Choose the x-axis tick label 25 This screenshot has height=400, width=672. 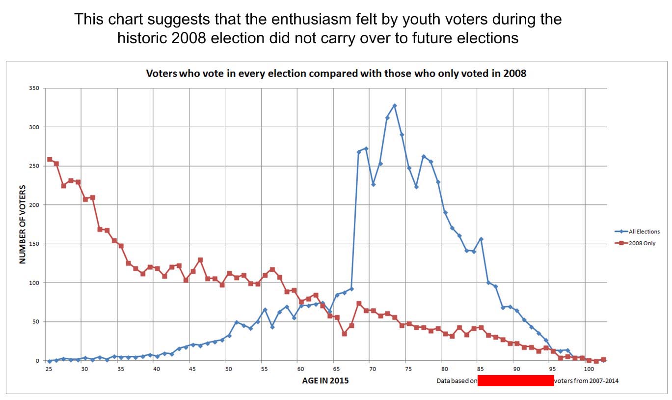(x=49, y=368)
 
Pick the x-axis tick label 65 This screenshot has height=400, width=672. (x=336, y=368)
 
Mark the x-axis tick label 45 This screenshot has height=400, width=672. (x=192, y=368)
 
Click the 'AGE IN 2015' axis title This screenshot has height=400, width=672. (x=325, y=380)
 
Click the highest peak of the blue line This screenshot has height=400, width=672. (x=394, y=106)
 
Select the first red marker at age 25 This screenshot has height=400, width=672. (x=49, y=159)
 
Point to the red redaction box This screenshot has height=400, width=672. (x=515, y=380)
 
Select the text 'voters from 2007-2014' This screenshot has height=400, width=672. (x=586, y=381)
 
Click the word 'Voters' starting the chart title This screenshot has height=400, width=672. (x=162, y=73)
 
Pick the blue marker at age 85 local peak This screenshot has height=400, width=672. (x=481, y=239)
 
